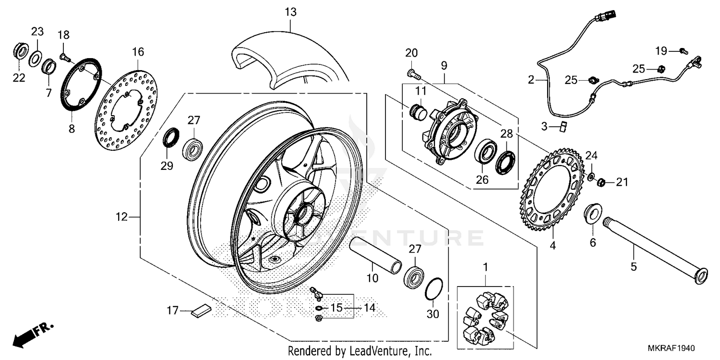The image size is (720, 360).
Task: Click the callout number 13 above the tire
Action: (290, 12)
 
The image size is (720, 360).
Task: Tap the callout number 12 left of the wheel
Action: (122, 217)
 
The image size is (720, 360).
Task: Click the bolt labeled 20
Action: (413, 74)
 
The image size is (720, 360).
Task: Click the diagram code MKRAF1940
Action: (673, 348)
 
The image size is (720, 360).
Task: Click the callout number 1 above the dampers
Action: (485, 266)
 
